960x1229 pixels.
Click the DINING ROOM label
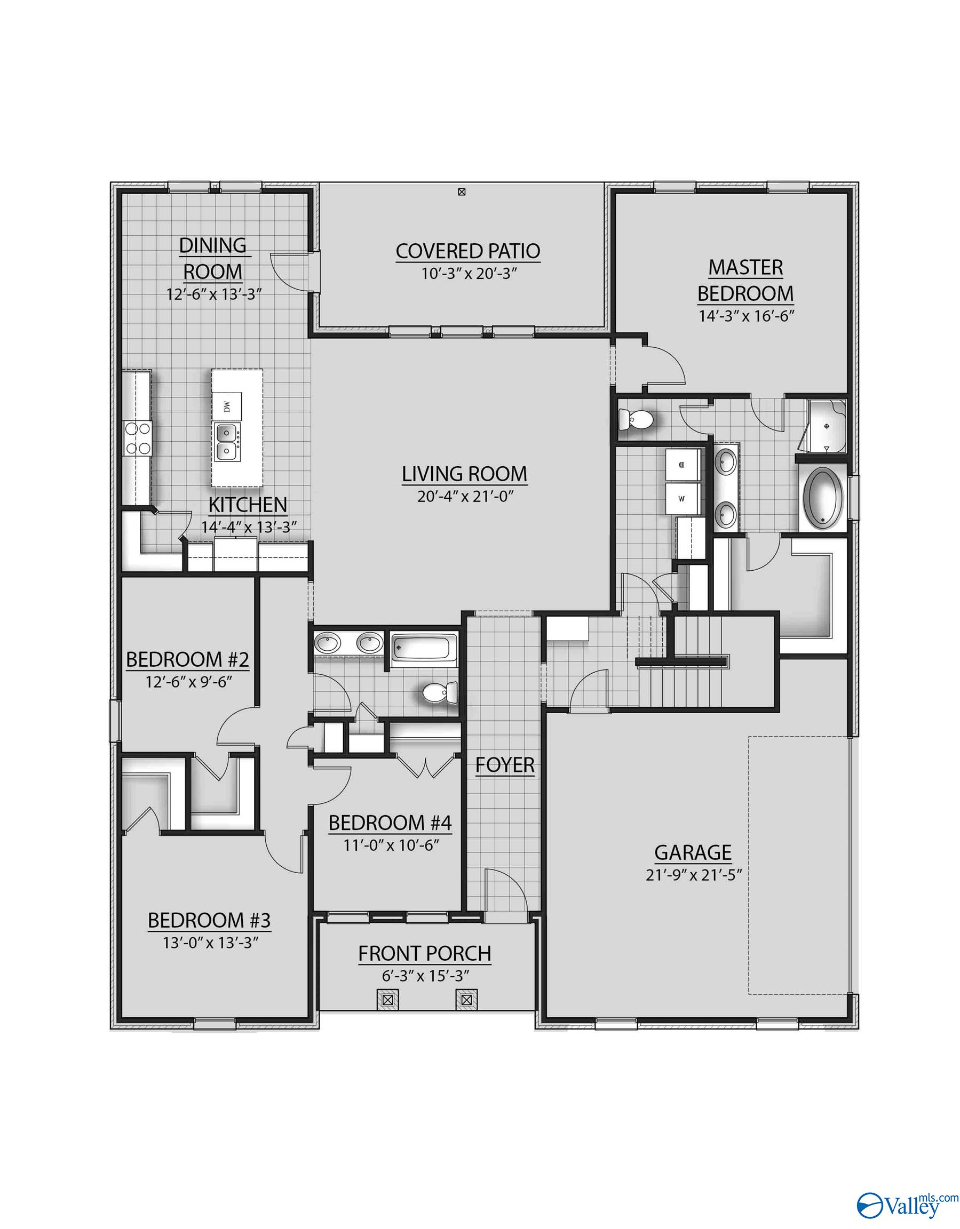[212, 258]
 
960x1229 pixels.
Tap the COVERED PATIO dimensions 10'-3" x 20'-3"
[469, 274]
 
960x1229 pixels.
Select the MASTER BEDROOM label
[745, 280]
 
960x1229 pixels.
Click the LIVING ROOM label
[464, 474]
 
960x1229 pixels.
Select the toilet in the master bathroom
[636, 419]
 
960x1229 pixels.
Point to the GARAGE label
[693, 852]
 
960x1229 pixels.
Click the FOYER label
[504, 765]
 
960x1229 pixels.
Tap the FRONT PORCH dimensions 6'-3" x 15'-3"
[426, 976]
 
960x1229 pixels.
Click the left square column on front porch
[387, 1001]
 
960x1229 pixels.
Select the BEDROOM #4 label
[390, 823]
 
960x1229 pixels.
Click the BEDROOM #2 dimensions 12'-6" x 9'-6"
[188, 682]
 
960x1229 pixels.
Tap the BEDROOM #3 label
[209, 920]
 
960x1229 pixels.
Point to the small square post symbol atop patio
[462, 192]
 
